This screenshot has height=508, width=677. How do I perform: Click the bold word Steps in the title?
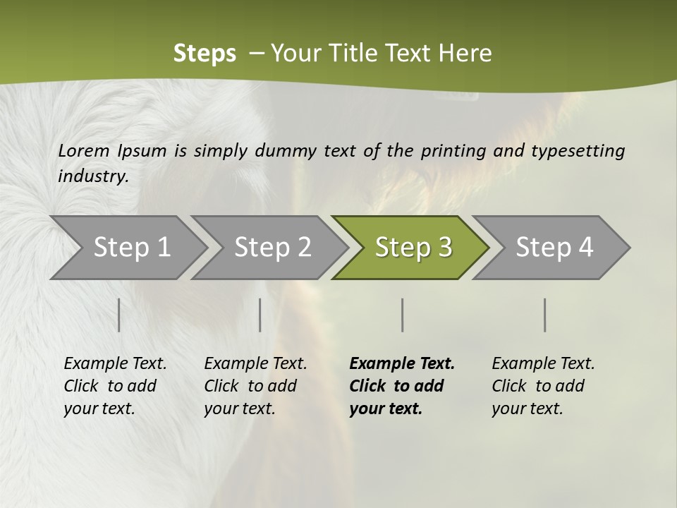[205, 54]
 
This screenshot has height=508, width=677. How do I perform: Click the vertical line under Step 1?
[119, 315]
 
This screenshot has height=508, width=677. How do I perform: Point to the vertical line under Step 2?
[260, 315]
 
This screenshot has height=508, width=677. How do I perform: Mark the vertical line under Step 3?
[403, 315]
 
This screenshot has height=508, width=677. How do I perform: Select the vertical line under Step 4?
[545, 315]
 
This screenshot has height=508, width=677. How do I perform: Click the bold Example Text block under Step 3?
[402, 386]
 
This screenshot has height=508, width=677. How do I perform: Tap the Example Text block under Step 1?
[115, 386]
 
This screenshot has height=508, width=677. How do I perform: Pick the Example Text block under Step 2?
[255, 386]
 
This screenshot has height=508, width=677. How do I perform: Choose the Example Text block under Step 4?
[543, 386]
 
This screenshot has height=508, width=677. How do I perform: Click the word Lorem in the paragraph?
[84, 150]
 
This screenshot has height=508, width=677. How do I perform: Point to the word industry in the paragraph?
[93, 176]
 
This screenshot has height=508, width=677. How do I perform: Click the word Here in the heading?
[466, 54]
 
